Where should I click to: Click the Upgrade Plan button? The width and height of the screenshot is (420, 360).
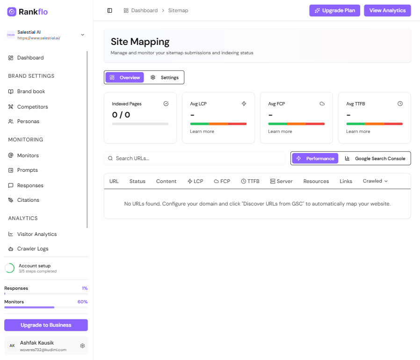click(335, 10)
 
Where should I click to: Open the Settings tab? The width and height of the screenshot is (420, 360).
click(165, 77)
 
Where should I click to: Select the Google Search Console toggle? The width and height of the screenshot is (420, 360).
click(375, 158)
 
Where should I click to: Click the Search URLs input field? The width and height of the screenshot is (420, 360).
click(195, 158)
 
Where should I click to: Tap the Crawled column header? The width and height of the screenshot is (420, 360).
click(375, 181)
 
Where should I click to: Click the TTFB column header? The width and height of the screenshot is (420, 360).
click(250, 181)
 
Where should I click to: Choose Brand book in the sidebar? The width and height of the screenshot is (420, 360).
click(31, 91)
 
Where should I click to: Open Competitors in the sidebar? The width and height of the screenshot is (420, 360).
click(32, 107)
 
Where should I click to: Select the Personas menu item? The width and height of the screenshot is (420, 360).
click(28, 121)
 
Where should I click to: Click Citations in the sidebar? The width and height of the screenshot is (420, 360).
click(28, 200)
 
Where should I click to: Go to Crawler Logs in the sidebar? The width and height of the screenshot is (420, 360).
click(33, 249)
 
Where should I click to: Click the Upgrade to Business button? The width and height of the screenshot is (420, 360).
click(46, 325)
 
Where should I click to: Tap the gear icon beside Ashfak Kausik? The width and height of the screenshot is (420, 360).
click(82, 345)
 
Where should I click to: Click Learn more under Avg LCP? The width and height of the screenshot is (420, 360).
click(202, 132)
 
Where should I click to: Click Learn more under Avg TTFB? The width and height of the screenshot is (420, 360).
click(358, 132)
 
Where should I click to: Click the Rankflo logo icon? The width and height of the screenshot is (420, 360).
click(12, 12)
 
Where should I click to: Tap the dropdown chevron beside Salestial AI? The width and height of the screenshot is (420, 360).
click(82, 35)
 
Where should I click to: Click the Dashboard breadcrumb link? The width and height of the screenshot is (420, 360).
click(144, 10)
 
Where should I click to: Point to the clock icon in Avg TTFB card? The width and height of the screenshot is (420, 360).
click(400, 103)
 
